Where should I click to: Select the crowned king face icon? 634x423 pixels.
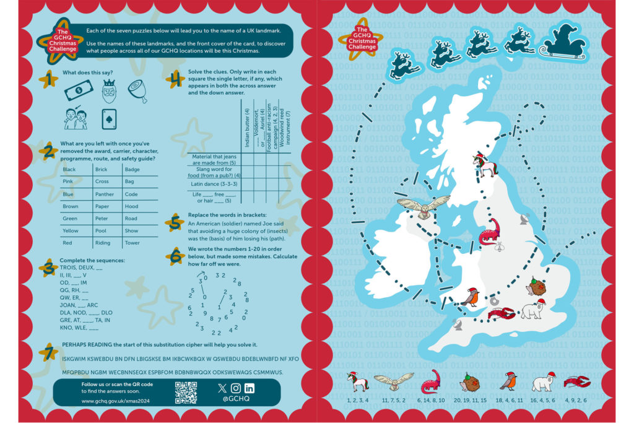[109, 92]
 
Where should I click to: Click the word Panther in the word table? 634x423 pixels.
[105, 194]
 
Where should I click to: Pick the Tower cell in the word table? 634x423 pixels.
[132, 243]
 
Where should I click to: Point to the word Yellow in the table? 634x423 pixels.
[71, 230]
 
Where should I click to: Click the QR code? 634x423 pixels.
[185, 393]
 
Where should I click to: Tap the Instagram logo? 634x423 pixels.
[236, 388]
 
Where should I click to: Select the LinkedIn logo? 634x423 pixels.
[250, 388]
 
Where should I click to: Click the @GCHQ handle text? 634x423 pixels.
[236, 399]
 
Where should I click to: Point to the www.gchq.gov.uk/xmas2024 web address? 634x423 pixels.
[116, 401]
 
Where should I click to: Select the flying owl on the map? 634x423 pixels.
[423, 206]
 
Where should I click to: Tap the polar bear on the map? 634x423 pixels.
[532, 309]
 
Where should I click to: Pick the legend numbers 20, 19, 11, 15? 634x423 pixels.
[470, 401]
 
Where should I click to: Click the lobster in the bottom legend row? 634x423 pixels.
[577, 382]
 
